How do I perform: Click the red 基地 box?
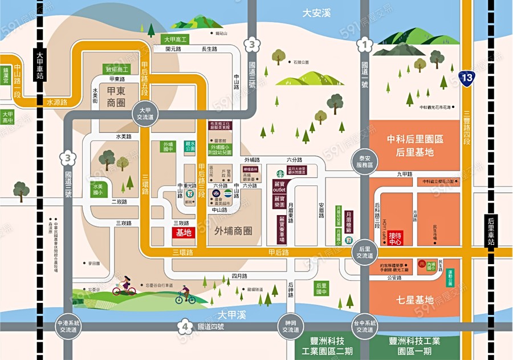pyautogui.click(x=184, y=233)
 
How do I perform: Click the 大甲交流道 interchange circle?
pyautogui.click(x=143, y=112)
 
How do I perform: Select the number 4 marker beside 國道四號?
pyautogui.click(x=185, y=327)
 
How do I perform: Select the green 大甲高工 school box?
pyautogui.click(x=176, y=39)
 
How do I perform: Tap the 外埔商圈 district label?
pyautogui.click(x=234, y=232)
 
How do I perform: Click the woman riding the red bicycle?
pyautogui.click(x=124, y=286)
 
